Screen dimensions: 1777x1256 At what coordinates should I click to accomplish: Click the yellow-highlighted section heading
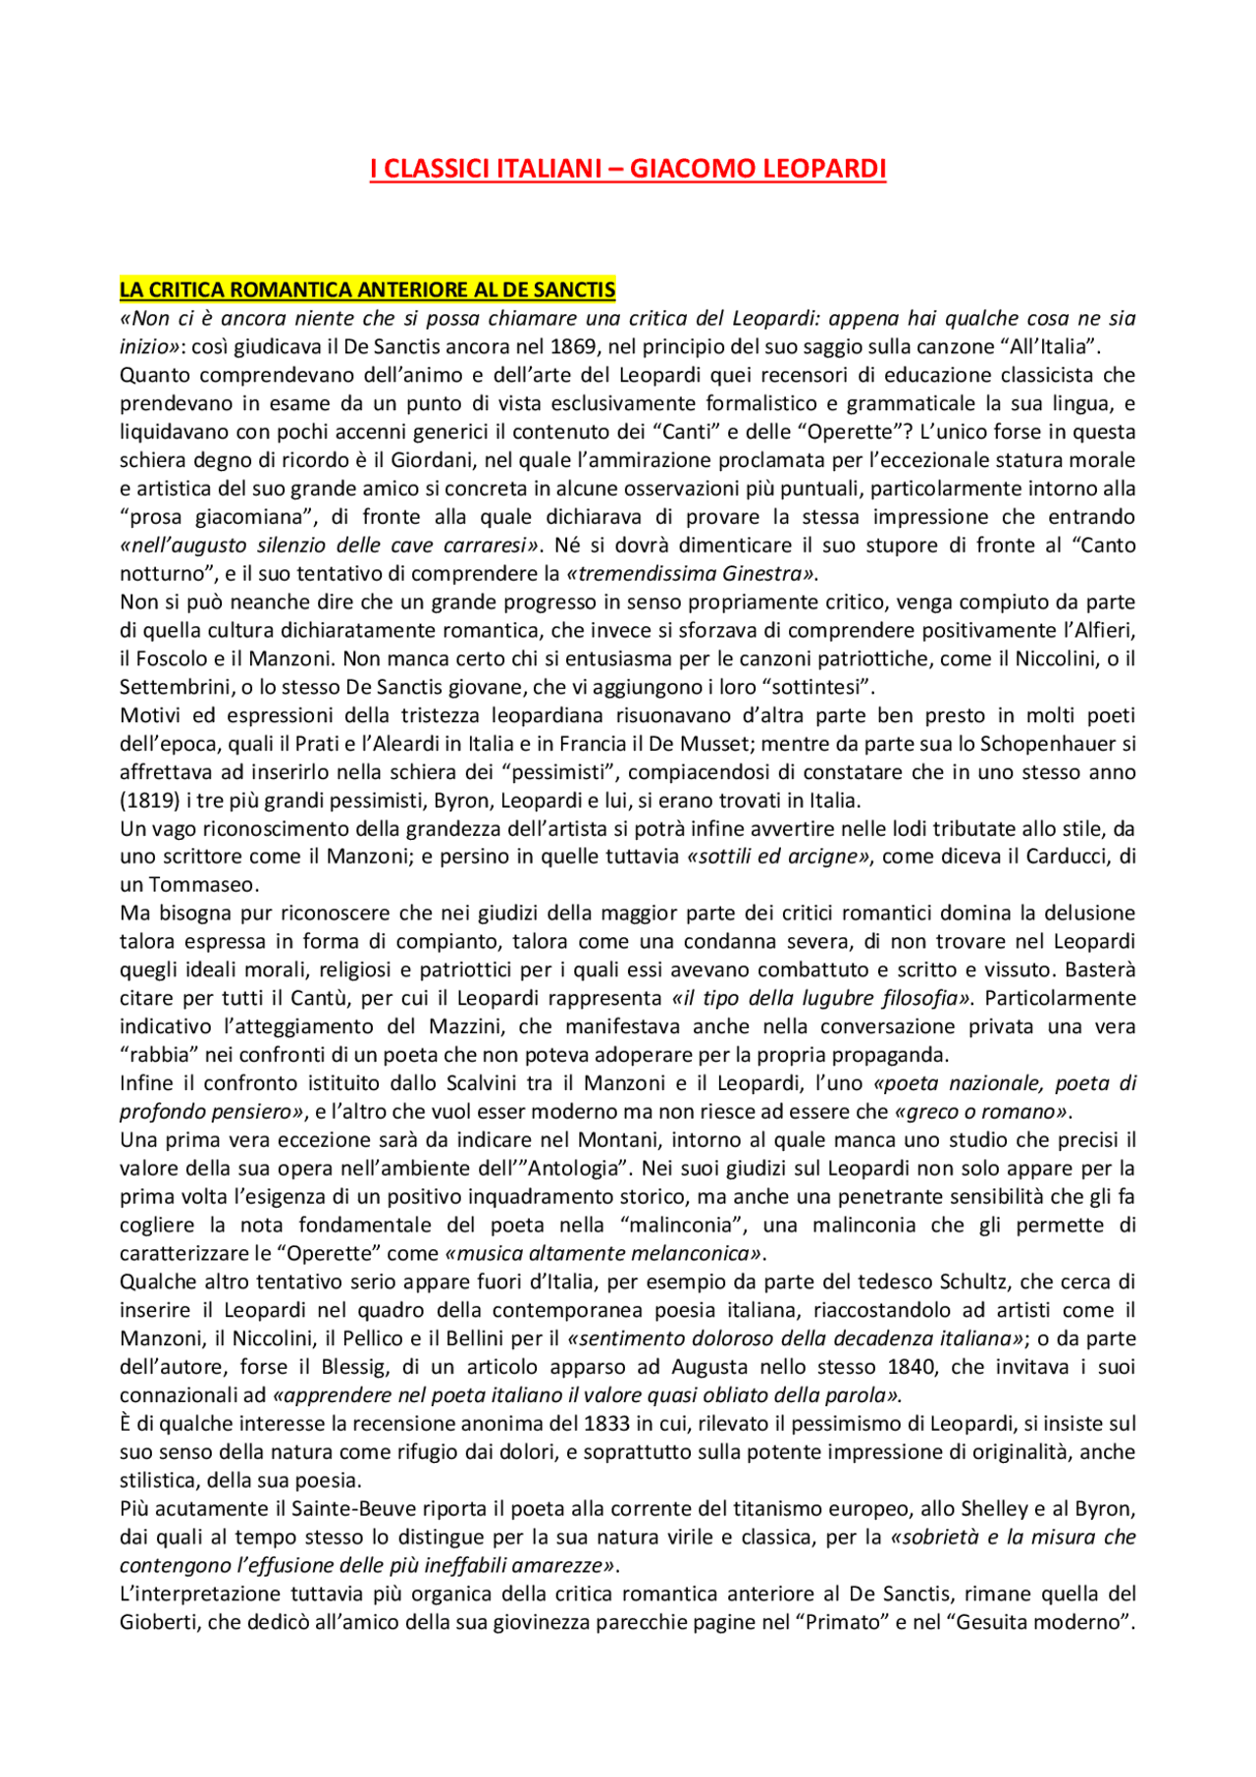[367, 289]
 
